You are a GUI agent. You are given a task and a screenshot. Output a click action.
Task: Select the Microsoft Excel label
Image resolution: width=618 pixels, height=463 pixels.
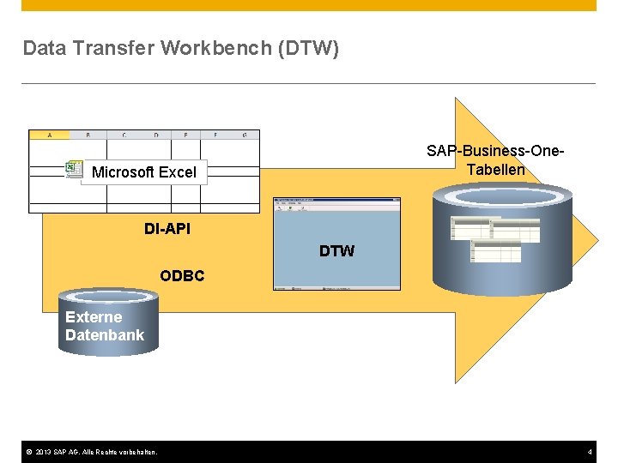[144, 172]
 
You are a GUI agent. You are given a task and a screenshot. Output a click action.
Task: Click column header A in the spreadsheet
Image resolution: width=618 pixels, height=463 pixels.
[50, 135]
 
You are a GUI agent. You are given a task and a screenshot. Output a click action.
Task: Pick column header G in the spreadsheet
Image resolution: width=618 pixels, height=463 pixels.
[245, 135]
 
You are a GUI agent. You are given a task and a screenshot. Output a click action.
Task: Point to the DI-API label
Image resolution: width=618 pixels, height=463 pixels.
[167, 229]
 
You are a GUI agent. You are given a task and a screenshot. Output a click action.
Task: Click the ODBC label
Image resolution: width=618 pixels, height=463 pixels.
[182, 276]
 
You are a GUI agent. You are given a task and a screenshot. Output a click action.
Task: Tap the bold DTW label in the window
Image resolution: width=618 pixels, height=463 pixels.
[336, 251]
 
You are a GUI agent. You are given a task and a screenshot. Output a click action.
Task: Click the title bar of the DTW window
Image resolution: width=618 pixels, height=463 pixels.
[336, 201]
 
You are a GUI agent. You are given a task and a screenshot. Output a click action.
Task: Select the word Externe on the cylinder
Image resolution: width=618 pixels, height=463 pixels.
[94, 316]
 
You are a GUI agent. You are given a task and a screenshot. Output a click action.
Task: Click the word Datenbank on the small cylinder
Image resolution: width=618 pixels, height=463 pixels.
[105, 335]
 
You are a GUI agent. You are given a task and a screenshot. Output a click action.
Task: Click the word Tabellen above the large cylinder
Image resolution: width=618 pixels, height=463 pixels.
[495, 169]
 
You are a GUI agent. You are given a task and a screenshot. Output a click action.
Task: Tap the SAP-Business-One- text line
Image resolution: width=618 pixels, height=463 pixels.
[495, 151]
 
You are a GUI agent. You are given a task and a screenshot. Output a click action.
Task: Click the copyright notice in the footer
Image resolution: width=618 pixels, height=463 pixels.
[90, 452]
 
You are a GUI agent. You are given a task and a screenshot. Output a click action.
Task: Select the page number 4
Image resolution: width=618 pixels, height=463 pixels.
[590, 452]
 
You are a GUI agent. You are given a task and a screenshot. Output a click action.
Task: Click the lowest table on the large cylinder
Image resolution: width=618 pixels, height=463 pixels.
[495, 251]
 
